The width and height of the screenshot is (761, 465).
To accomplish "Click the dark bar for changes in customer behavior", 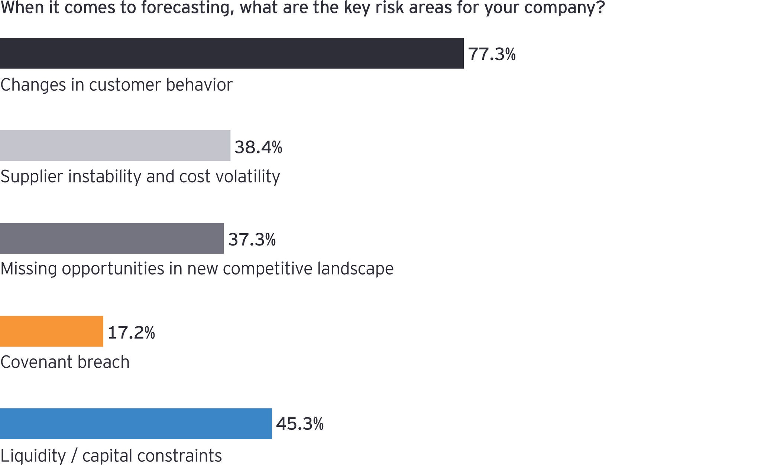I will (x=232, y=53).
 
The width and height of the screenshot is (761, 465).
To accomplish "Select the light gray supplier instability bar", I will (x=115, y=146).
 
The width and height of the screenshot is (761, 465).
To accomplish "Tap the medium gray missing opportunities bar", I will (x=112, y=238).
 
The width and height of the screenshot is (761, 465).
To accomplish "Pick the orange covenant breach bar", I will (x=52, y=331).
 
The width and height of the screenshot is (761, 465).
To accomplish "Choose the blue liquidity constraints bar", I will (x=136, y=423).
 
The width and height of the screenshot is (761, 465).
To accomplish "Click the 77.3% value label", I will (x=492, y=54).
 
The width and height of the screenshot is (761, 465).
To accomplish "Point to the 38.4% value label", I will (x=258, y=147).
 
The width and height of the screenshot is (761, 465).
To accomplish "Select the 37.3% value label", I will (x=252, y=240).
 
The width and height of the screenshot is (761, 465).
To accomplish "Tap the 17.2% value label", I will (x=131, y=332).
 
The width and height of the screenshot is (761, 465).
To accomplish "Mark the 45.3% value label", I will (x=300, y=424).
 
